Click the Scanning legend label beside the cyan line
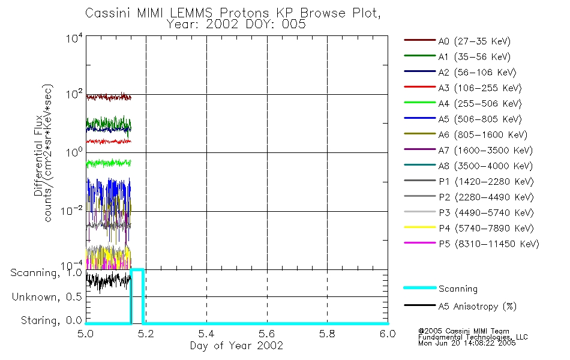point(458,289)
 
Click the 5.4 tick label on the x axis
point(206,334)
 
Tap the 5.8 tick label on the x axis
point(327,334)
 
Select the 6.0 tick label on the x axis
point(388,334)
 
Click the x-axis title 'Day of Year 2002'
point(236,346)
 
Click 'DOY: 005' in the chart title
point(278,25)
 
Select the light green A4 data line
point(108,163)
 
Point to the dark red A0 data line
point(108,97)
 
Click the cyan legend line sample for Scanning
point(419,289)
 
